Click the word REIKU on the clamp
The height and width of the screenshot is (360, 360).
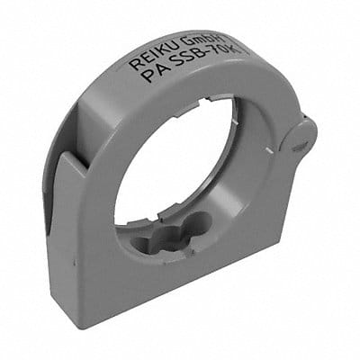[x=159, y=57]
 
